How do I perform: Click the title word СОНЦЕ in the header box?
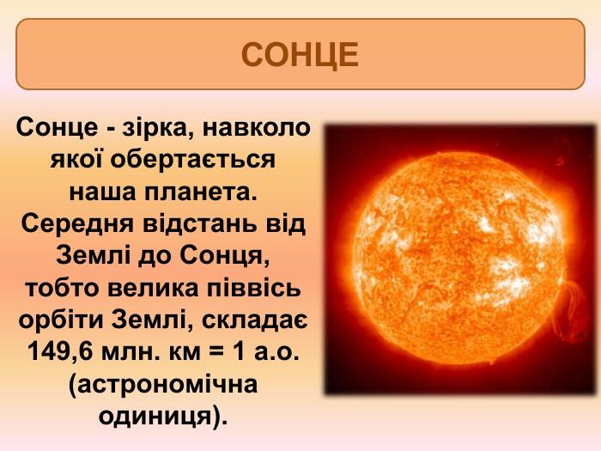[300, 55]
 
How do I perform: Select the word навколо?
[256, 128]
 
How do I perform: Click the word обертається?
[193, 160]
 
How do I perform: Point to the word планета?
[200, 192]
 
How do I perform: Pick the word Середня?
[78, 224]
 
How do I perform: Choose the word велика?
[153, 288]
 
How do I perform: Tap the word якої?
[76, 160]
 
